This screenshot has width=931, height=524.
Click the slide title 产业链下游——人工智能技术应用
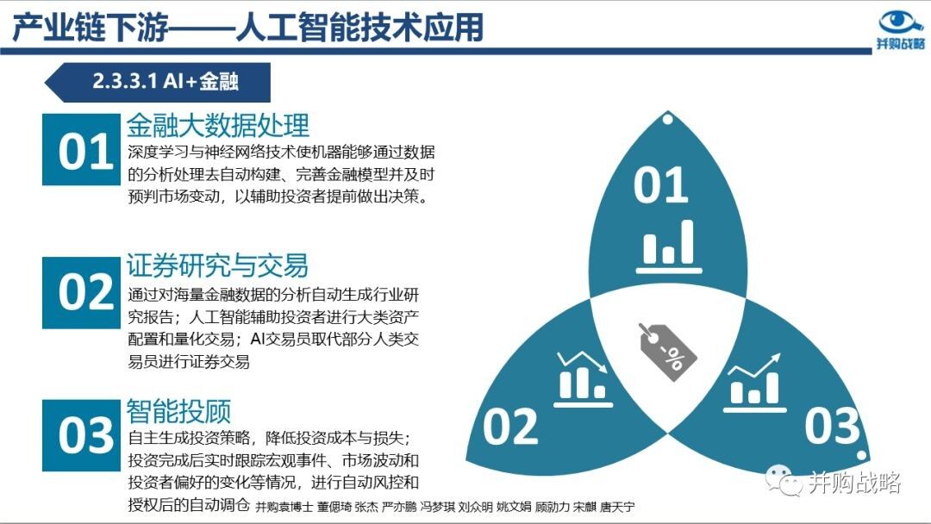click(x=247, y=27)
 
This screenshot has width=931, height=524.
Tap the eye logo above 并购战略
click(x=900, y=22)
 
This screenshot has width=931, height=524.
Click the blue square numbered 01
click(x=81, y=150)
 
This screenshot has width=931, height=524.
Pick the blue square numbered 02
click(x=81, y=292)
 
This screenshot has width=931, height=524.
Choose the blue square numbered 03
click(x=81, y=435)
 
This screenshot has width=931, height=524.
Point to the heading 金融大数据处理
click(x=218, y=125)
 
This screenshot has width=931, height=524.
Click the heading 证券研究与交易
click(x=217, y=265)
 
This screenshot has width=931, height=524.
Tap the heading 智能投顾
click(x=178, y=410)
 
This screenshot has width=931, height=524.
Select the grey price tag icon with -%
click(x=667, y=352)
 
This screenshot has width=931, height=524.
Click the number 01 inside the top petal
click(x=661, y=186)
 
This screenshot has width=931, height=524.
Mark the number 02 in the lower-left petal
click(x=510, y=427)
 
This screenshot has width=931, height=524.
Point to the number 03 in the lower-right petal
click(x=832, y=426)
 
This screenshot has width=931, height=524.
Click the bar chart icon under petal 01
click(x=669, y=246)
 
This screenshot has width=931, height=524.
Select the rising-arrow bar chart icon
click(x=754, y=383)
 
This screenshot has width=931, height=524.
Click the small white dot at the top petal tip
click(x=667, y=120)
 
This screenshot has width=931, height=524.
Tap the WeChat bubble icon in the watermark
click(x=784, y=480)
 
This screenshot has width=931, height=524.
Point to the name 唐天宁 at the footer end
click(x=617, y=507)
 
